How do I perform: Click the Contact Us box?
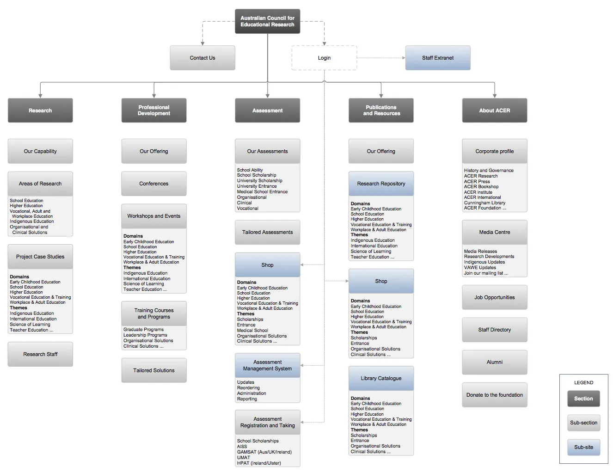pos(202,58)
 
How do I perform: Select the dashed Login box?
pos(324,58)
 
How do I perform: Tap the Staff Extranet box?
pos(438,58)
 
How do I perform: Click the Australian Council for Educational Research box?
pos(267,21)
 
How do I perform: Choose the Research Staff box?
pos(40,354)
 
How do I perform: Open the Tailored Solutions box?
pos(154,370)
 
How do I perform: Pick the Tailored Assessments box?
pos(267,232)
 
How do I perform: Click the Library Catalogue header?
pos(381,378)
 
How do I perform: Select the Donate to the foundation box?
pos(495,395)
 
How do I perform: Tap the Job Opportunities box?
pos(495,297)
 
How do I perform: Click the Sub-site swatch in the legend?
pos(584,447)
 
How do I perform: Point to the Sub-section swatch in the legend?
pos(584,423)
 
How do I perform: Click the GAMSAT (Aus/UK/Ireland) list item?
pos(264,452)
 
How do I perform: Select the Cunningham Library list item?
pos(484,203)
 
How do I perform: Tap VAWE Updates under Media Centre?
pos(480,267)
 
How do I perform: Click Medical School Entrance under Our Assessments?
pos(262,191)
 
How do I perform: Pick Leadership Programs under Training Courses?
pos(145,335)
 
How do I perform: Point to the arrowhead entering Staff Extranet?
pos(404,58)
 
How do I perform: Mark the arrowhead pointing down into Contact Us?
pos(202,44)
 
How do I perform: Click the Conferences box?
pos(154,184)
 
